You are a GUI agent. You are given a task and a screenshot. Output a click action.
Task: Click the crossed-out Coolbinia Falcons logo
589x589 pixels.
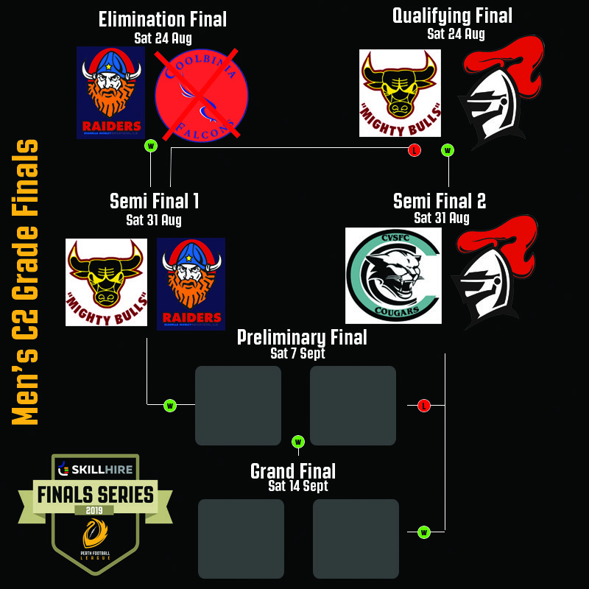coord(201,94)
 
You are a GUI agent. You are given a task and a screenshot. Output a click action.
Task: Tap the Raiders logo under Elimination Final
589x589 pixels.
coord(110,93)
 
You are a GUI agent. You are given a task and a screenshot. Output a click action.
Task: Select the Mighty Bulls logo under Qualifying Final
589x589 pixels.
coord(400,93)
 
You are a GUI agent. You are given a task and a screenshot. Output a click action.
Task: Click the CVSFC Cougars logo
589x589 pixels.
coord(393,275)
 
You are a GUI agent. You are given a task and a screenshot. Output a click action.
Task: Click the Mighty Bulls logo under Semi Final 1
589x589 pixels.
coord(106,282)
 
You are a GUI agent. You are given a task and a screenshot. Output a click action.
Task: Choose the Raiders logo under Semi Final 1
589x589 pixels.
coord(191,283)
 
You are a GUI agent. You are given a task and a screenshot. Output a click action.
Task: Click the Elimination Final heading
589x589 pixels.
coord(163,19)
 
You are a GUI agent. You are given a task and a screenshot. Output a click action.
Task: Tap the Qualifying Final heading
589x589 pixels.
coord(452,15)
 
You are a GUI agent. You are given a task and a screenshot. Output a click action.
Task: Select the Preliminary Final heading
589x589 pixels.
coord(302,338)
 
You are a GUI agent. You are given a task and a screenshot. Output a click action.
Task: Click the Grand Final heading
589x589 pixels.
coord(293,471)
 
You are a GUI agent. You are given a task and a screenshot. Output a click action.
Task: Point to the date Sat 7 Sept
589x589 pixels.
coord(297,353)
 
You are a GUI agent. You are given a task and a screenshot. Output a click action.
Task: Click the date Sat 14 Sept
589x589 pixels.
coord(298,486)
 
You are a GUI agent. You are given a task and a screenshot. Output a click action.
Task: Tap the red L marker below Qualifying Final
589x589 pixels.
coord(415,151)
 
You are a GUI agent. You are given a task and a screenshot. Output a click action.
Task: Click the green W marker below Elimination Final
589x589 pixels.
coord(151,146)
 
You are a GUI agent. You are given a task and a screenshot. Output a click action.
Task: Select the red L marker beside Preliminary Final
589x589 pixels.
coord(423,405)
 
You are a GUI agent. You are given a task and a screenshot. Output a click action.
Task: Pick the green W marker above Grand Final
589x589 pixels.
coord(298,442)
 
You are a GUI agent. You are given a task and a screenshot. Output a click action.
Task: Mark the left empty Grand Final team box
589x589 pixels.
coord(241,538)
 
